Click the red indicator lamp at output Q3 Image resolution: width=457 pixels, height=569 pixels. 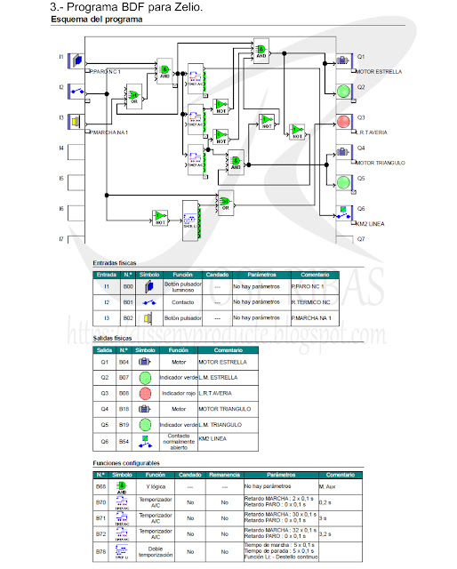pos(343,121)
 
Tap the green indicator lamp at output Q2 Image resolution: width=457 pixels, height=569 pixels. pos(343,91)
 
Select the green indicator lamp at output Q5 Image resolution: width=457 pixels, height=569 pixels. pos(343,181)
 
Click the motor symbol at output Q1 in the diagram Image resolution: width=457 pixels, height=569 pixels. pos(343,60)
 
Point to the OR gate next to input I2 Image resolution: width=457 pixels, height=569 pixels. pos(133,94)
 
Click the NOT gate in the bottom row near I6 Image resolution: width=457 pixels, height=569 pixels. pos(159,216)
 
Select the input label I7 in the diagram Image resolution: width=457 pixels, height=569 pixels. pos(61,239)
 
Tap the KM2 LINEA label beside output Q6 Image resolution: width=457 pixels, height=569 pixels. pos(370,223)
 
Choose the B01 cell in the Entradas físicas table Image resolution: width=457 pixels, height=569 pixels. pos(127,302)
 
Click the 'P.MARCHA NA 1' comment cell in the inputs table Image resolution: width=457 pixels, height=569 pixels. pos(310,317)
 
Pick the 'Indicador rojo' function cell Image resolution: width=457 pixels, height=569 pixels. pos(181,392)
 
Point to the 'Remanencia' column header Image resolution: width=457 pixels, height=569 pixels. pos(224,475)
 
